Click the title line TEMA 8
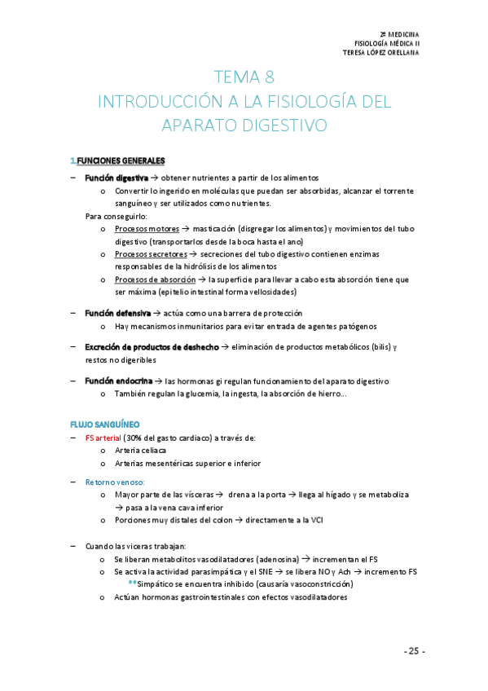[244, 78]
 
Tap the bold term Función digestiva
[117, 177]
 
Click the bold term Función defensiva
[117, 313]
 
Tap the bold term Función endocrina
[117, 381]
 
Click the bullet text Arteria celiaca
[140, 451]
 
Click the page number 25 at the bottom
[414, 651]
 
